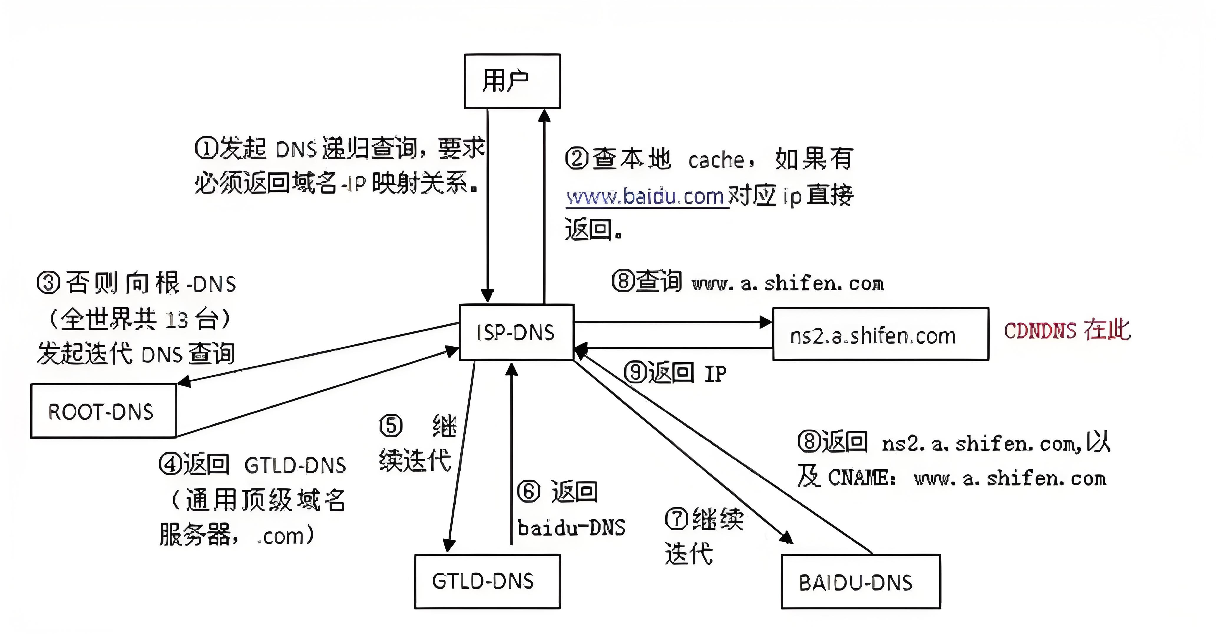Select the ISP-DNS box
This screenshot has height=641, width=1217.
[516, 332]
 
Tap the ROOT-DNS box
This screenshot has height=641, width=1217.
[103, 411]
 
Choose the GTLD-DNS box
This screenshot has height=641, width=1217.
[487, 581]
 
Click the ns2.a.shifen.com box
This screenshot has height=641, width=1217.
[880, 334]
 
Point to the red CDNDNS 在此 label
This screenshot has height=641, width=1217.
[1067, 330]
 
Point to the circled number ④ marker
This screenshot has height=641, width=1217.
[170, 464]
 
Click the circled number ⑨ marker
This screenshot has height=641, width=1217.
[635, 372]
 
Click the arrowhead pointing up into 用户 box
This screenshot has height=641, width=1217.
[544, 115]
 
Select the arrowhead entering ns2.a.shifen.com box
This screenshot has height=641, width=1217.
[766, 322]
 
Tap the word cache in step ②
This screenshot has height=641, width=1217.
[716, 160]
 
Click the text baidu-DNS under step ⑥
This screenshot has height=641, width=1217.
[571, 528]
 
